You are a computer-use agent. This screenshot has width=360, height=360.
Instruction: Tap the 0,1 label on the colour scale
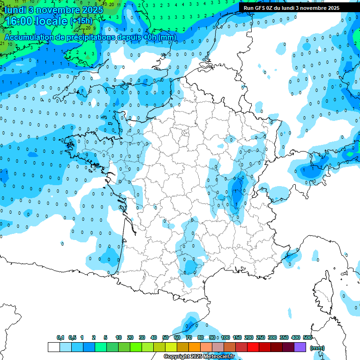coord(60,338)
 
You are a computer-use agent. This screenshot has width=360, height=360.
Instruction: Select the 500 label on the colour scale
coord(307,338)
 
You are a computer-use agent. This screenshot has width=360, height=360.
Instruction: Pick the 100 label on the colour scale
coord(225,338)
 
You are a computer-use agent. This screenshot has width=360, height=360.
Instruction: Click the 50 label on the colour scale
coord(165,338)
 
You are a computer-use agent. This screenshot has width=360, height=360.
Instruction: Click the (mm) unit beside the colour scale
coord(317,348)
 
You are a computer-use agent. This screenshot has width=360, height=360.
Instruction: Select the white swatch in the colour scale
coord(54,347)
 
